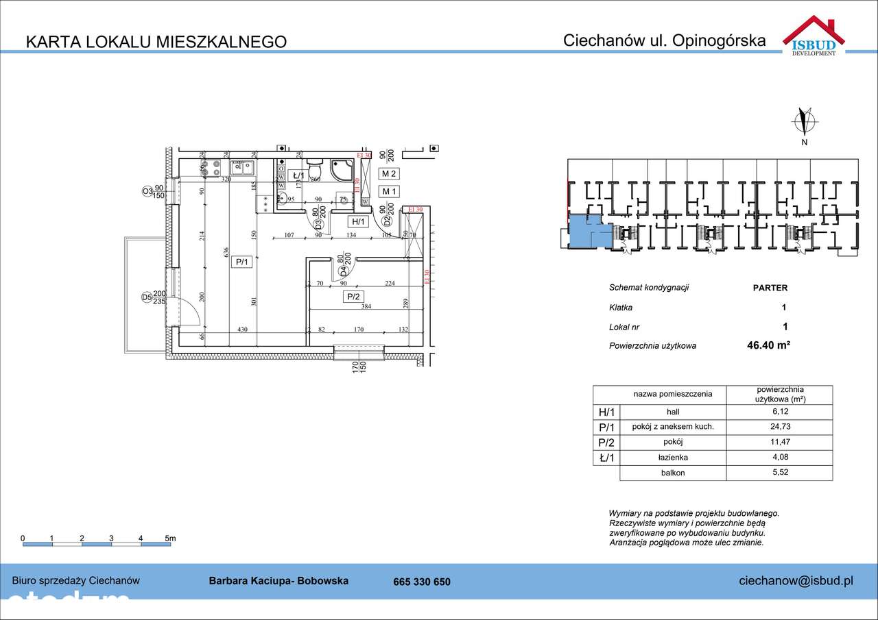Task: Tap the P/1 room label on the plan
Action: coord(241,262)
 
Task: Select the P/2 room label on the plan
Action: coord(353,297)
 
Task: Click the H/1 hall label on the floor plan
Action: coord(359,221)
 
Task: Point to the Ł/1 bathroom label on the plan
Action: coord(298,175)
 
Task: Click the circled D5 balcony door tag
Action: coord(146,297)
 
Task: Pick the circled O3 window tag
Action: coord(147,192)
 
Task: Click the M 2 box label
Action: coord(390,174)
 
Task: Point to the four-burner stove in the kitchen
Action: coord(211,167)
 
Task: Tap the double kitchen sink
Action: coord(241,166)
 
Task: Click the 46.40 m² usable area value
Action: coord(768,346)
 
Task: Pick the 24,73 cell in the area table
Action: coord(779,427)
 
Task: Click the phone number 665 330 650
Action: coord(422,582)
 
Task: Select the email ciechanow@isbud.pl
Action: coord(796,581)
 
